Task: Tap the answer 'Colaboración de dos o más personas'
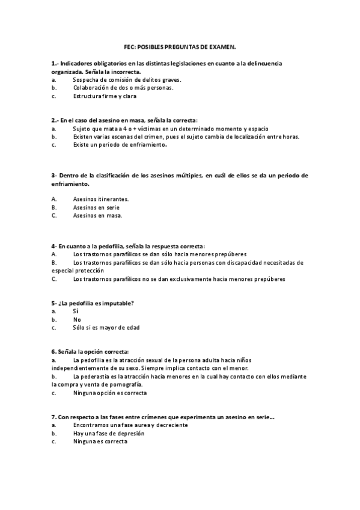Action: tap(123, 87)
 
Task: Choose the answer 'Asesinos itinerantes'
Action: tap(100, 198)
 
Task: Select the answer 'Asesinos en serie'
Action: tap(96, 207)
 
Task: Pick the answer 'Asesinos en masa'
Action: tap(97, 215)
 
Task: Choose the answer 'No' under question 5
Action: tap(76, 320)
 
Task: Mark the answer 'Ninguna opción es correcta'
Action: tap(109, 393)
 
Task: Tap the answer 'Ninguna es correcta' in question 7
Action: tap(100, 441)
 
